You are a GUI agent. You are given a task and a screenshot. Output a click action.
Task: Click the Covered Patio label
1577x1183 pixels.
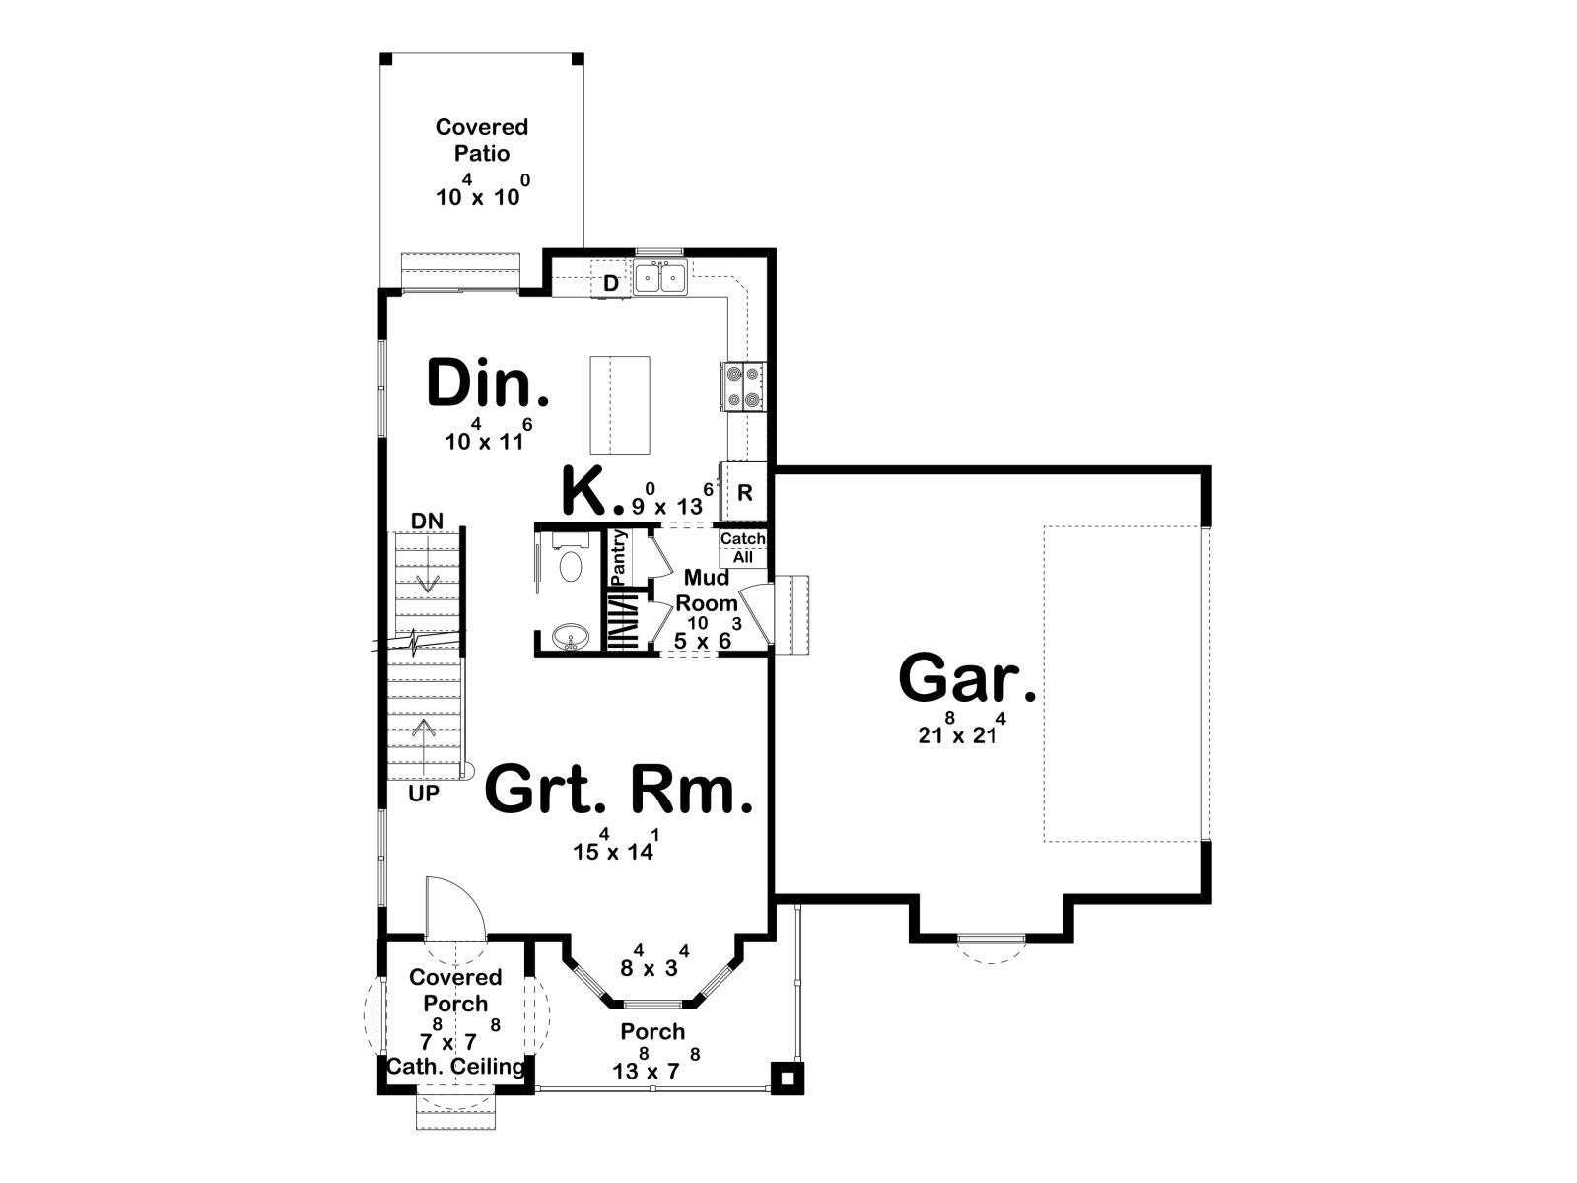[x=481, y=140]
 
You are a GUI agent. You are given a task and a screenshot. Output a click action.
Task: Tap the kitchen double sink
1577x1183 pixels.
[x=660, y=277]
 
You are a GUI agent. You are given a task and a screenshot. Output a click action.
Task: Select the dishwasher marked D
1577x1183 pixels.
[x=611, y=283]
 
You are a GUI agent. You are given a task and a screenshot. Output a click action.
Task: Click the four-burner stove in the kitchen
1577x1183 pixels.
[x=743, y=386]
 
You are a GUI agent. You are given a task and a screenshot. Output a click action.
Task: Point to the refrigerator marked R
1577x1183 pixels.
[x=744, y=492]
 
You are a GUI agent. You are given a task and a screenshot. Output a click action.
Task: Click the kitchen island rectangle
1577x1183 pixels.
[x=620, y=405]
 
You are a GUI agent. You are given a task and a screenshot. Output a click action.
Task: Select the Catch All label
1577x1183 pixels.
[x=743, y=547]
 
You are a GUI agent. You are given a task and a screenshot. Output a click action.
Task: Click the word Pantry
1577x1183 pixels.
[x=618, y=558]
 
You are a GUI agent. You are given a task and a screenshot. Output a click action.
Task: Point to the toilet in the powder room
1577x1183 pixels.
[x=571, y=560]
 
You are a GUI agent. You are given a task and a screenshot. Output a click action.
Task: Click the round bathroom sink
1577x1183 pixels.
[x=571, y=637]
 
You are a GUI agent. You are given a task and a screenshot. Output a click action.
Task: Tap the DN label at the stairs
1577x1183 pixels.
[x=428, y=521]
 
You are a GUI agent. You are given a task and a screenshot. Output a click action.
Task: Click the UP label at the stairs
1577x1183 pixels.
[x=424, y=794]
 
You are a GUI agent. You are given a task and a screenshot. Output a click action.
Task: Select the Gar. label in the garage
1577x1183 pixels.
[x=967, y=679]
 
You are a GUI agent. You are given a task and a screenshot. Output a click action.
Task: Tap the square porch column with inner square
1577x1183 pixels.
[x=787, y=1078]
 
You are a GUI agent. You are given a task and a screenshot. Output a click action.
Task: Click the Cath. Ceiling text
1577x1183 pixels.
[x=455, y=1066]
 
